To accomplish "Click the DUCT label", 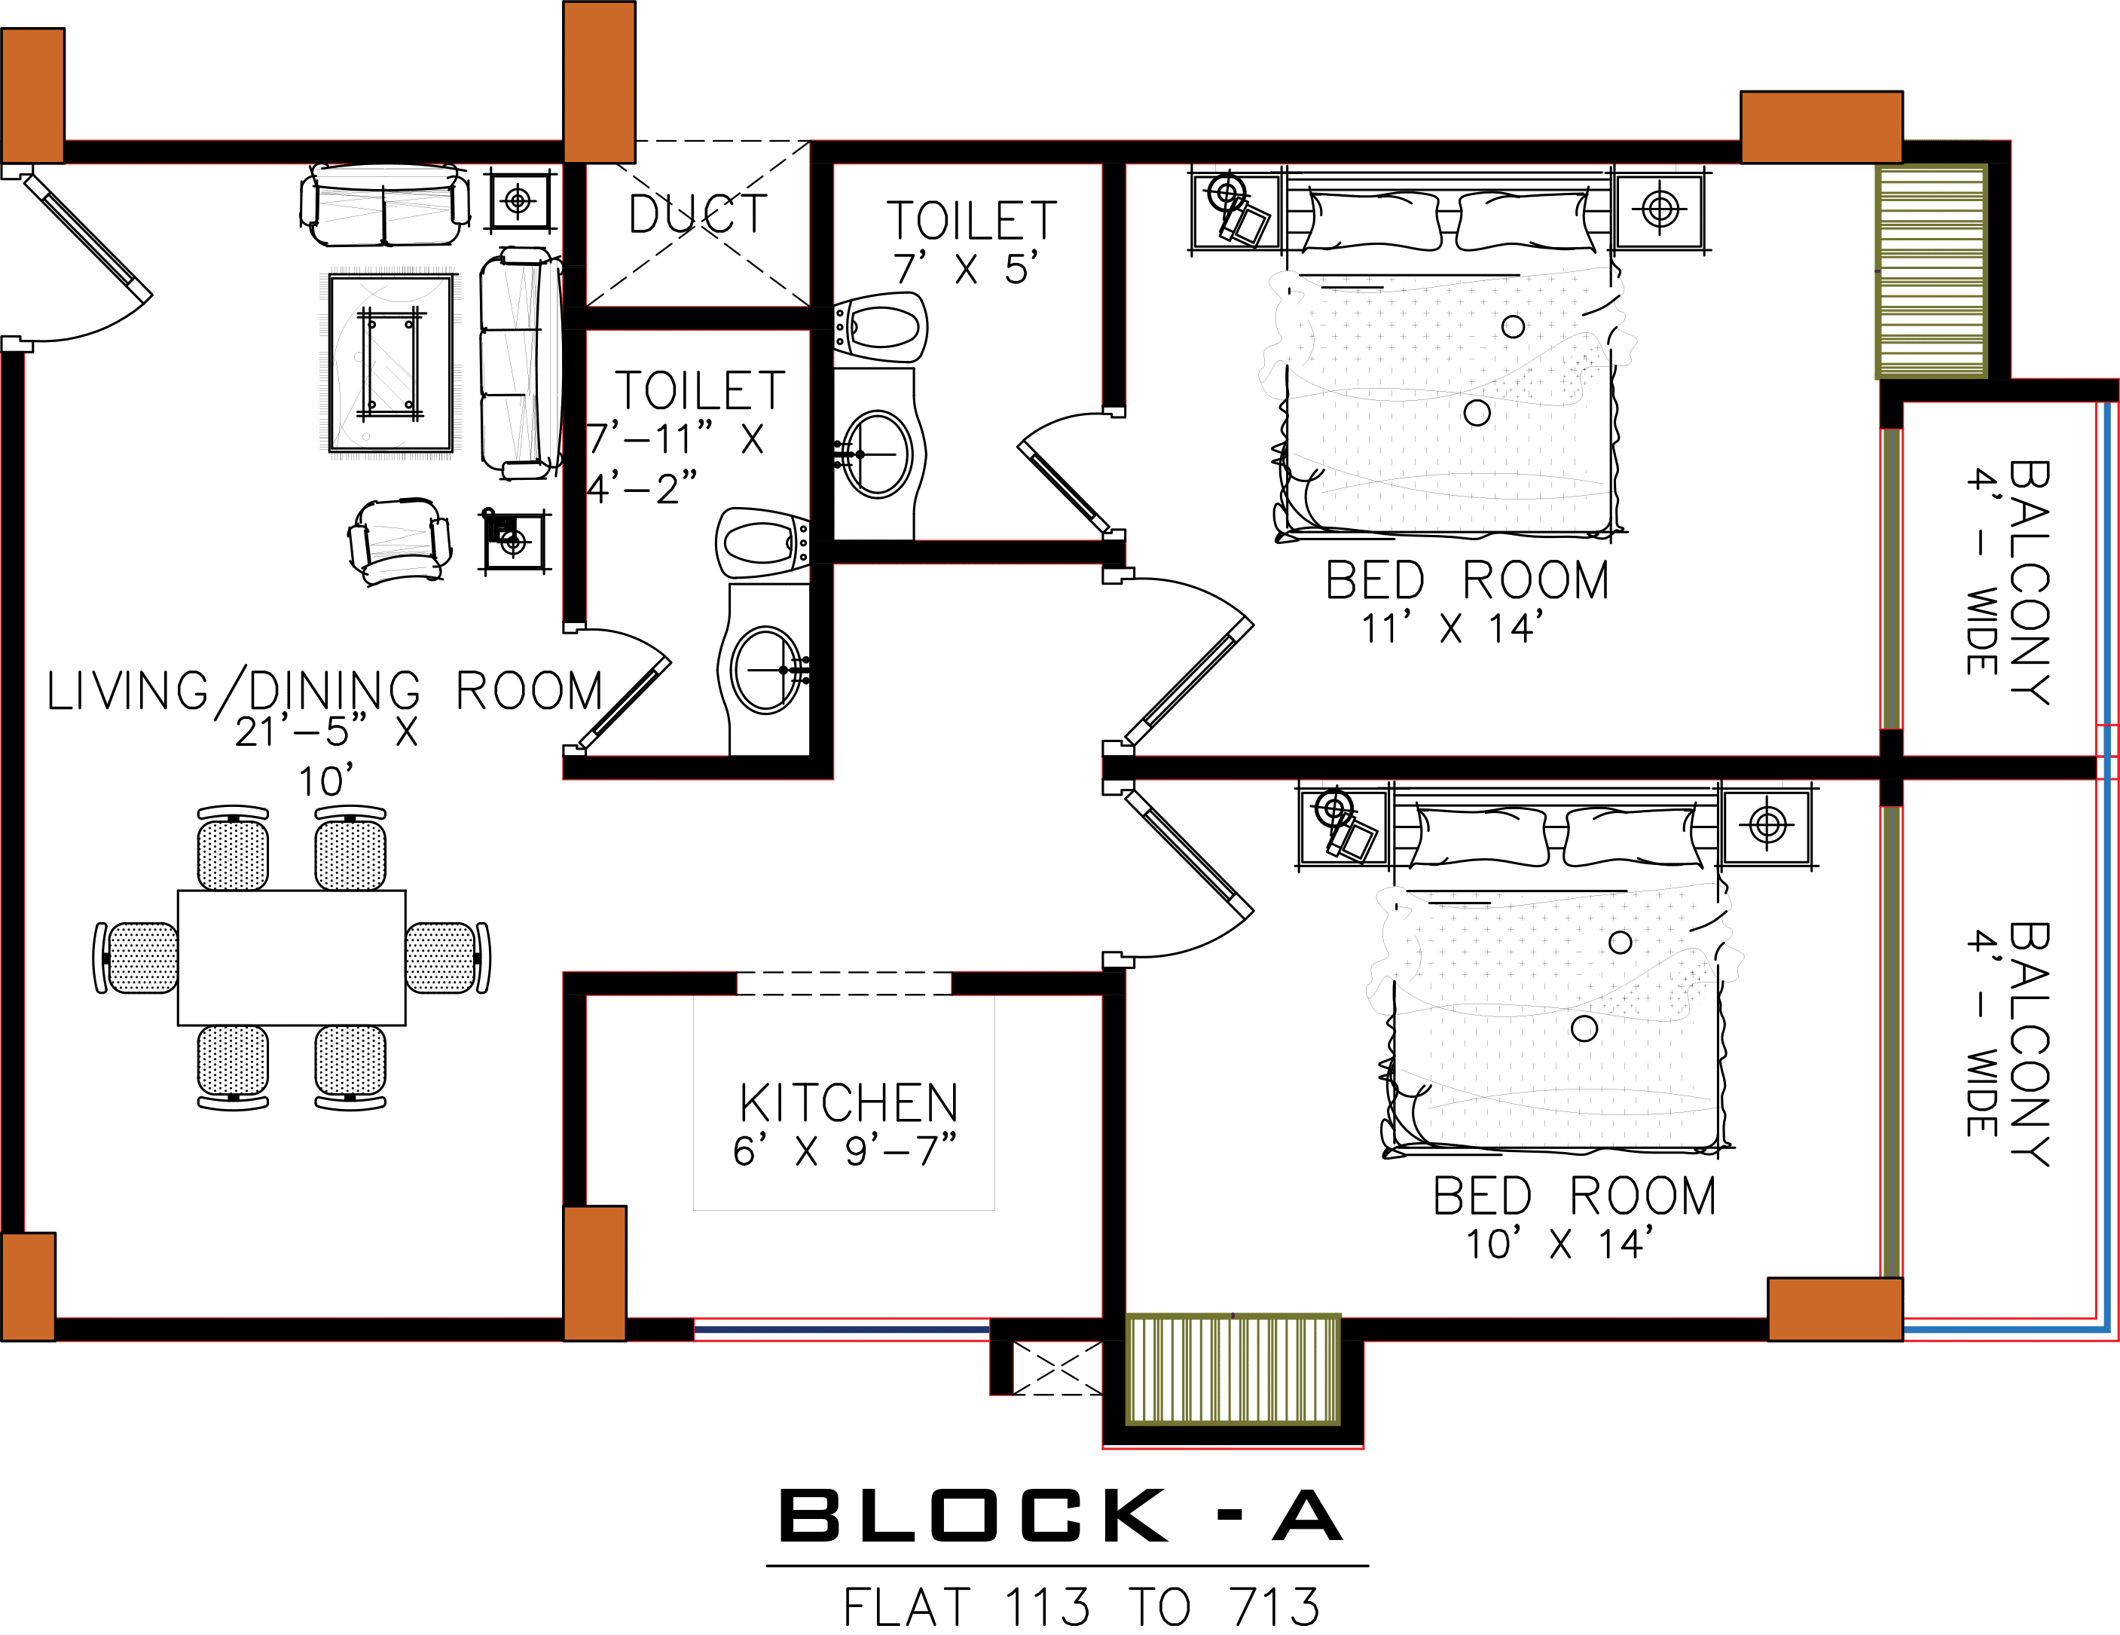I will pos(697,215).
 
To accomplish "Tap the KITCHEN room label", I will pos(848,1103).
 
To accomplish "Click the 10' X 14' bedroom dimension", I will pos(1560,1244).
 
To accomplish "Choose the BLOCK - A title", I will pos(1061,1516).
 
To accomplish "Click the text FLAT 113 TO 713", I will pos(1081,1607).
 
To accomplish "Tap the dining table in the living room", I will pos(292,958).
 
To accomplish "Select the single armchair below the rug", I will pos(399,542).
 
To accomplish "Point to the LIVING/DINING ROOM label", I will pos(324,691).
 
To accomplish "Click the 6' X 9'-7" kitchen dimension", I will pos(845,1151).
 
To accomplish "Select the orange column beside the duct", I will pos(599,81).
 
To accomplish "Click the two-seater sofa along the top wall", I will pos(384,206).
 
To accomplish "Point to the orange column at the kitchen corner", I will pos(594,1273).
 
